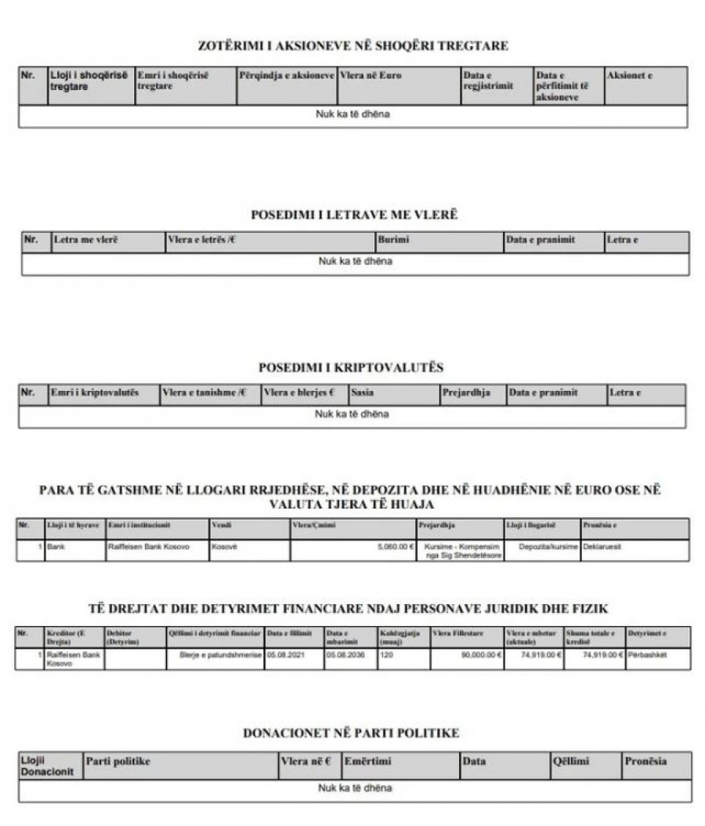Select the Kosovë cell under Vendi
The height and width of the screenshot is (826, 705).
[224, 547]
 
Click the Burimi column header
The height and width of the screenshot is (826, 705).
[393, 240]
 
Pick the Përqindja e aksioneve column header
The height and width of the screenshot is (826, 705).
[285, 75]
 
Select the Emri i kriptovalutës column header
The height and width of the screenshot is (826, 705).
[94, 392]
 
